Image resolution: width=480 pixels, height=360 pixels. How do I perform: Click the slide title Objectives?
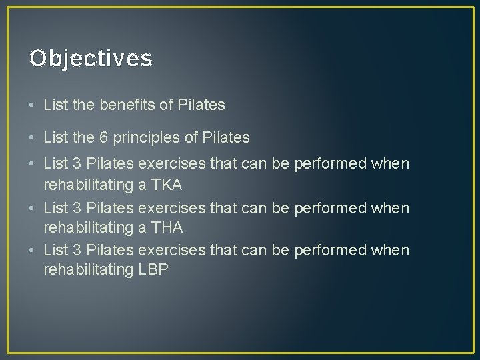pos(91,59)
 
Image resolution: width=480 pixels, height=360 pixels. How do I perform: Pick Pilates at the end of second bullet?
pos(225,138)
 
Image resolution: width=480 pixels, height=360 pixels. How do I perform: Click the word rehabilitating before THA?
pos(89,227)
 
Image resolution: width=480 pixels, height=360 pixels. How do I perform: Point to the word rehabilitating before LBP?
pos(89,270)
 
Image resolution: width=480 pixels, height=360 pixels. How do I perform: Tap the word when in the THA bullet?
pos(393,207)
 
